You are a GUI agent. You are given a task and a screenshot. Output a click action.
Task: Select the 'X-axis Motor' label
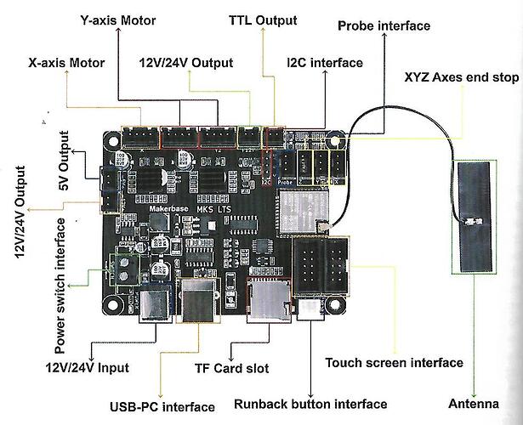[66, 62]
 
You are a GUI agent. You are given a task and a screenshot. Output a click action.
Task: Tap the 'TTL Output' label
[263, 19]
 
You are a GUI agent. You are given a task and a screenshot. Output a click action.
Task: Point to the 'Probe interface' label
[384, 25]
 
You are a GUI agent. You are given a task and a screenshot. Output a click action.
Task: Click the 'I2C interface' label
[325, 63]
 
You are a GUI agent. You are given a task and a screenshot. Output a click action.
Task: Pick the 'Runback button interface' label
[310, 405]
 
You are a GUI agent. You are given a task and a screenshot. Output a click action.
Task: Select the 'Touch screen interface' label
[395, 363]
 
